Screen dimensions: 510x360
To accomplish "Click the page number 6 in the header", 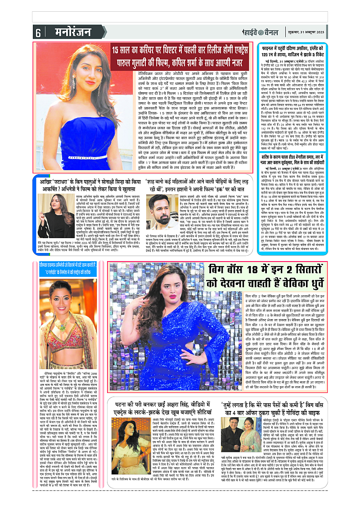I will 38,33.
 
